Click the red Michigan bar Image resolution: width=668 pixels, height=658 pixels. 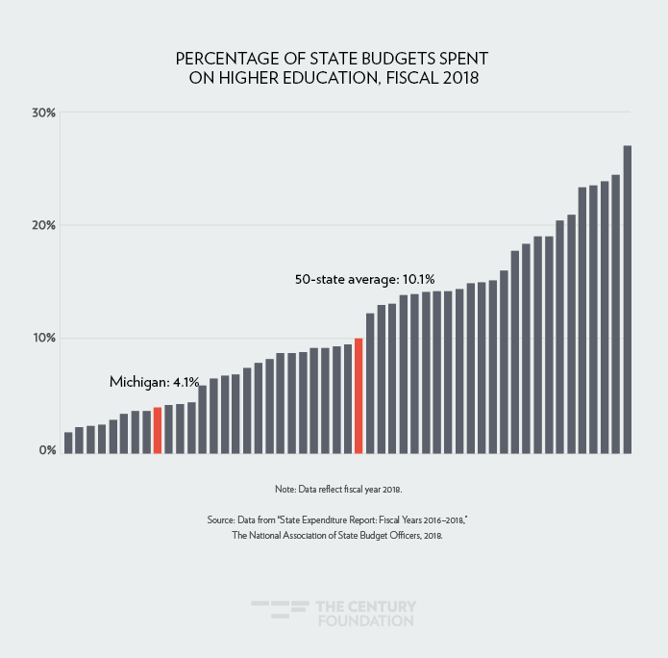coord(158,430)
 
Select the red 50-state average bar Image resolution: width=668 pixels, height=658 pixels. coord(359,395)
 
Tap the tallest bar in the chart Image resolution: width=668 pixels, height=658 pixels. coord(628,299)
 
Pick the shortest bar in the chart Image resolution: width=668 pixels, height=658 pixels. coord(68,442)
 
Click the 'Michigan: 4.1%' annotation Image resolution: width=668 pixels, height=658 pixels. coord(154,382)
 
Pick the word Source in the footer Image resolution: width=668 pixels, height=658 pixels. coord(222,520)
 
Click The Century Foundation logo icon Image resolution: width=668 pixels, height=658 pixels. coord(278,613)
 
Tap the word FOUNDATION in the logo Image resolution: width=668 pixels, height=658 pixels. coord(365,621)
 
